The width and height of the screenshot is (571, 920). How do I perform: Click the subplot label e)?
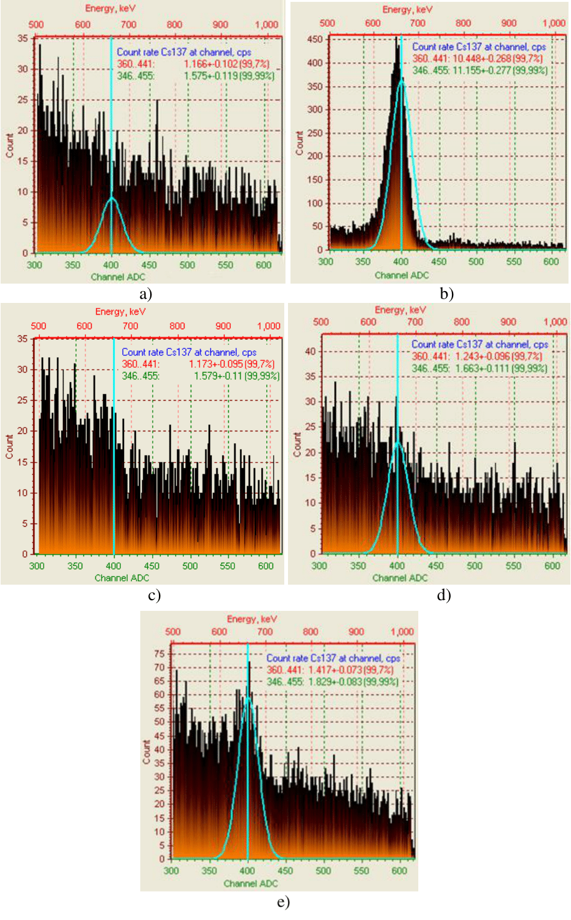tap(284, 902)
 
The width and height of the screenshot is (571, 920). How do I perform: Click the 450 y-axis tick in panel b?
tap(315, 39)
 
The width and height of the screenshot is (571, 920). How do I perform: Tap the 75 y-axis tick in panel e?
tap(160, 654)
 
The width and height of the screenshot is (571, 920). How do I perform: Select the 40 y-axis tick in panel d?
tap(311, 352)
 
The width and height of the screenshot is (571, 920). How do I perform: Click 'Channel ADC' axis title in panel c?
tap(122, 578)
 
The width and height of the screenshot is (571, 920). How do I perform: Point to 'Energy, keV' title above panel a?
tap(110, 9)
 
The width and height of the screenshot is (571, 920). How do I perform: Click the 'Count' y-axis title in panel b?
tap(300, 143)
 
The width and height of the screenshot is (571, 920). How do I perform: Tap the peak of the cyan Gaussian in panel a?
tap(112, 198)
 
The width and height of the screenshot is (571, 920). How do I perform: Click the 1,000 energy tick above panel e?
tap(402, 631)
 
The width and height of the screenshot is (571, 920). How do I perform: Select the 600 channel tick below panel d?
tap(552, 566)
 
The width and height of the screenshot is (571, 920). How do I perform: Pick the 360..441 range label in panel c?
tap(141, 364)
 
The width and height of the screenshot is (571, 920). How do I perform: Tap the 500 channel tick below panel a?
tap(187, 265)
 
